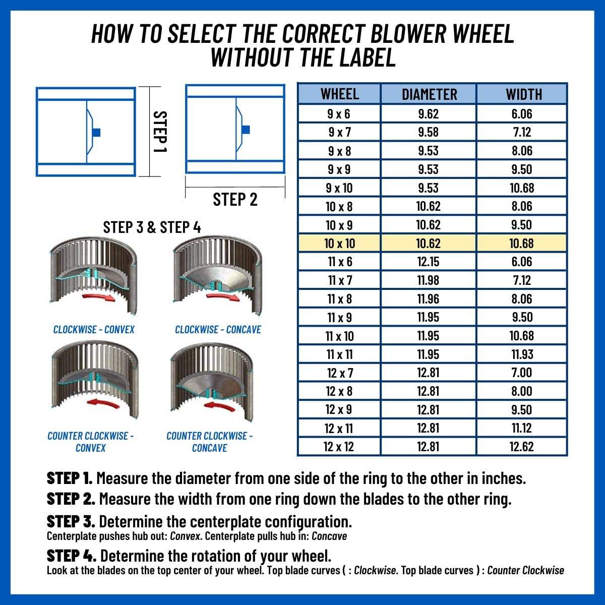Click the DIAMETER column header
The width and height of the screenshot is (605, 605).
(429, 94)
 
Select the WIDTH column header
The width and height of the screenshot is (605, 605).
(521, 94)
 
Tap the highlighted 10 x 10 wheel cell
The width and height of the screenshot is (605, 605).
(339, 244)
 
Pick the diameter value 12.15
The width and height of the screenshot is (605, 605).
(428, 262)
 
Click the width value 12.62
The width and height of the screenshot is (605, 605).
(521, 447)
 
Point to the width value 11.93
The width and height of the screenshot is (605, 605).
(521, 354)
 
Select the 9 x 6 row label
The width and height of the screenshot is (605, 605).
(339, 114)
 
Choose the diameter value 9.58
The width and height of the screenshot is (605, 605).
(428, 132)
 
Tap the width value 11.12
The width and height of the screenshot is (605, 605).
(521, 428)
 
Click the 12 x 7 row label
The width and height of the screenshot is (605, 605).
(339, 373)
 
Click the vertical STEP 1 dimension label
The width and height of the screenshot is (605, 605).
(160, 132)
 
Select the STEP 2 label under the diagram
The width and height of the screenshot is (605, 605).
(235, 200)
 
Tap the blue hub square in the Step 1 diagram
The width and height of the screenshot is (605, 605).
(97, 132)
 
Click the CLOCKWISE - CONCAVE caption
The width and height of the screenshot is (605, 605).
(218, 330)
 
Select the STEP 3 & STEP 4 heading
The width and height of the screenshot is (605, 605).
(152, 227)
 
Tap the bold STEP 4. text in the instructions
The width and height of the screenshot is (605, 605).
(71, 556)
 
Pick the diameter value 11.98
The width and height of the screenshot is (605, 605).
(428, 280)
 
